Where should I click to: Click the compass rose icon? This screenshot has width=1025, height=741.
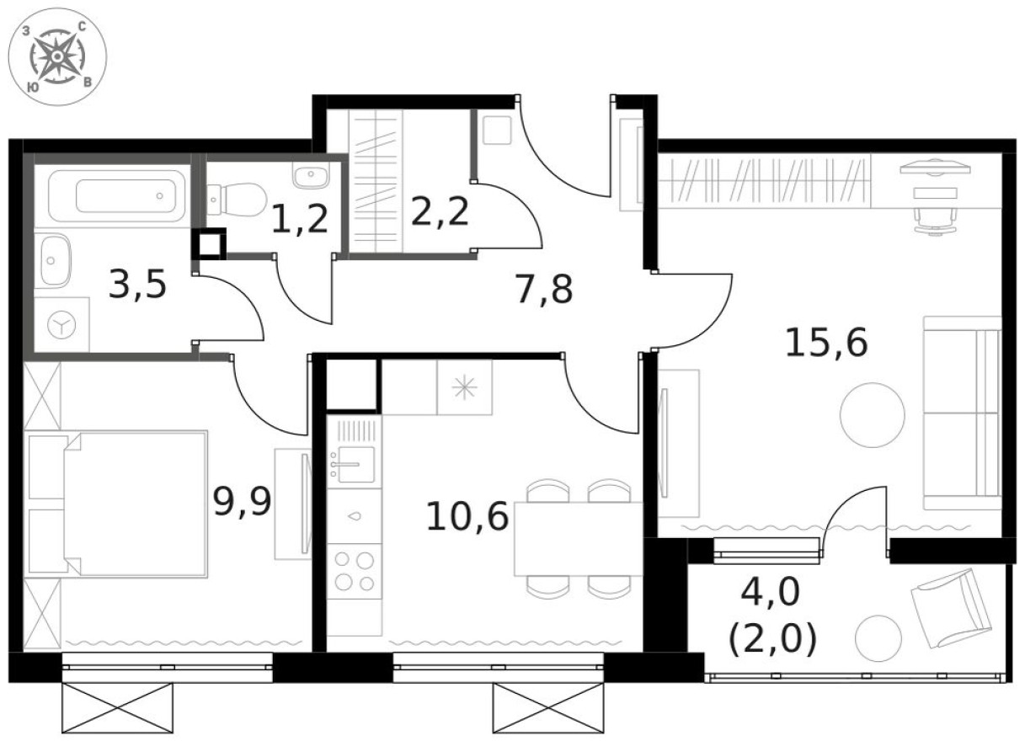(56, 56)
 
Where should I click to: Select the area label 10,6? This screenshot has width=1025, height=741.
(467, 516)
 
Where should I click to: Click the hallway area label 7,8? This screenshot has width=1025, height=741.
(543, 291)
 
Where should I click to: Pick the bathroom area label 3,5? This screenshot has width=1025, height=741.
(138, 286)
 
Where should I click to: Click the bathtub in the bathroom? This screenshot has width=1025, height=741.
(117, 196)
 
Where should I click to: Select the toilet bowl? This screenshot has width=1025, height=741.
(238, 199)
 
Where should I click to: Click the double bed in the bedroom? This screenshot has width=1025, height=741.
(126, 504)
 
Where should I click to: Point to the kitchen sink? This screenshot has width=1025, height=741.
(353, 463)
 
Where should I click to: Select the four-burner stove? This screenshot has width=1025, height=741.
(354, 570)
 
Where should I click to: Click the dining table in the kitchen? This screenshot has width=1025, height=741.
(579, 539)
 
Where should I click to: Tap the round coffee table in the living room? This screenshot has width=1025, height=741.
(873, 414)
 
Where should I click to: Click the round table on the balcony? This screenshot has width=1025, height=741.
(878, 637)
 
